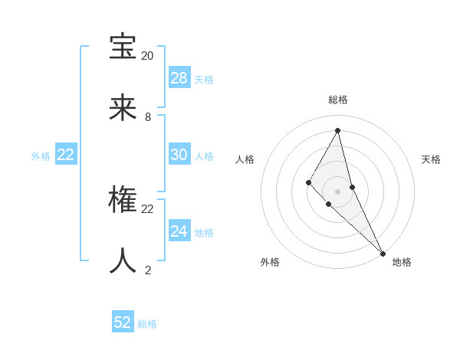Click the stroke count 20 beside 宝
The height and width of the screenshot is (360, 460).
147,56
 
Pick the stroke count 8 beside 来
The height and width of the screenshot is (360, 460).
148,117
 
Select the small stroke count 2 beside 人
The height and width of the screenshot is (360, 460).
148,270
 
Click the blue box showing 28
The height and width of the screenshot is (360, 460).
179,78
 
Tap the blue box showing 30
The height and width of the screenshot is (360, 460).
179,155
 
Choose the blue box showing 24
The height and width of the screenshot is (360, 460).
179,231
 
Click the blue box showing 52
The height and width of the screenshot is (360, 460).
123,322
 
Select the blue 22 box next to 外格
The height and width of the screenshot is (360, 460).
66,155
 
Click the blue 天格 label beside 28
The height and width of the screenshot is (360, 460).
204,80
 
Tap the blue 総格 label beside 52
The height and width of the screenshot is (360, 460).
147,324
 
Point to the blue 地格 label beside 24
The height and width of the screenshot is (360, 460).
204,233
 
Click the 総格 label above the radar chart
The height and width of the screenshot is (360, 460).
338,100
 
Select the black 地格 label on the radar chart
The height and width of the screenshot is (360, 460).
402,262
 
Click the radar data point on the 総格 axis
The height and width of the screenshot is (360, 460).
338,130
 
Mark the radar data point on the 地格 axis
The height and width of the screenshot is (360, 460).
383,252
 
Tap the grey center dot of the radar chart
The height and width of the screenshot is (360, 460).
338,191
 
